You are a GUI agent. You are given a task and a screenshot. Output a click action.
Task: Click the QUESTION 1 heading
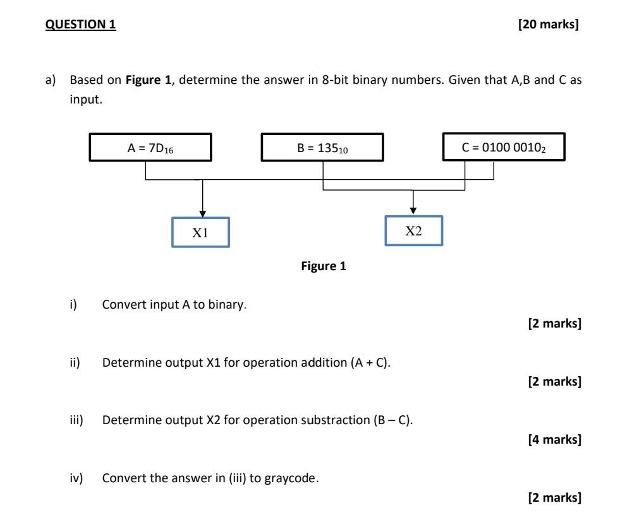tap(81, 25)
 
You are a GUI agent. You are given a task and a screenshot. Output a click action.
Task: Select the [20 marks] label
tap(548, 25)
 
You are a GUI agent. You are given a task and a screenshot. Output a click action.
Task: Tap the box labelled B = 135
tap(322, 148)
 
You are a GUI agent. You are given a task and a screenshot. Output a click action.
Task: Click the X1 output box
tap(200, 232)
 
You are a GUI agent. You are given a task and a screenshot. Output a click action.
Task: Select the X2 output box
tap(413, 231)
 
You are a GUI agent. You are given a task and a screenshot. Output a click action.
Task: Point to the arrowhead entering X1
tap(202, 213)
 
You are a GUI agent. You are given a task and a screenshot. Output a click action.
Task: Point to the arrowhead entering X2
tap(413, 211)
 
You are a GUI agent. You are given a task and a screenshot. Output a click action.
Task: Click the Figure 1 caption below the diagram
tap(324, 266)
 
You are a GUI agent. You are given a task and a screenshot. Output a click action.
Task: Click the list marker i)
tap(73, 305)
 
